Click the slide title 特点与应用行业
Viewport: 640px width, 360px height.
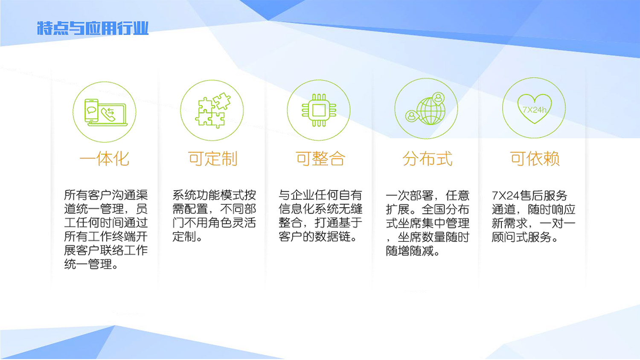[x=93, y=28]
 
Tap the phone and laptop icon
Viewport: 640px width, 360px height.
[x=105, y=112]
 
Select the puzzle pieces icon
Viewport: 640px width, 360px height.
[x=212, y=110]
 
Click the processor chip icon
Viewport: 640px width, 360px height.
[x=319, y=110]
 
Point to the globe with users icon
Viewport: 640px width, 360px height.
[x=426, y=109]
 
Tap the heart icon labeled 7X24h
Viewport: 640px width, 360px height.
[x=534, y=108]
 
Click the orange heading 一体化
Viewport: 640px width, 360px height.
[x=105, y=159]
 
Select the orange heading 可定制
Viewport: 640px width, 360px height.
[x=212, y=159]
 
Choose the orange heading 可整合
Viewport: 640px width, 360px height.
[x=320, y=159]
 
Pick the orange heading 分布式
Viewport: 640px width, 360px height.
[x=427, y=159]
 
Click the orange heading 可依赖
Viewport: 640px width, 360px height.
[x=535, y=159]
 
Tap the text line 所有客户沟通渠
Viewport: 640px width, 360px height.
[x=106, y=195]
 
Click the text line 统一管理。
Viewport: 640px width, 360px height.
[x=91, y=264]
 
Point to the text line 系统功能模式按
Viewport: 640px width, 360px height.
[x=214, y=195]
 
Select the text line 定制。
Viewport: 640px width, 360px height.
[x=187, y=236]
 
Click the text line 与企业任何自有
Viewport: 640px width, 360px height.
[x=320, y=195]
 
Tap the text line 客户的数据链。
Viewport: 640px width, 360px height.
[x=318, y=236]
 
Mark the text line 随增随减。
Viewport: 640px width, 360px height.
[x=413, y=251]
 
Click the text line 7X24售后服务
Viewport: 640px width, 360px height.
[x=529, y=195]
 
